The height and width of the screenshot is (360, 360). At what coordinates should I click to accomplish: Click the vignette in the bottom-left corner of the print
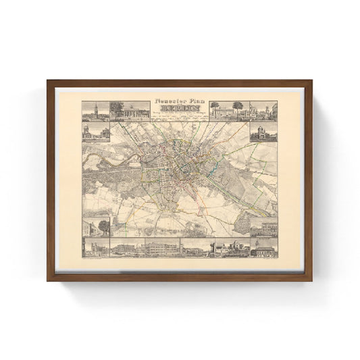(x=94, y=248)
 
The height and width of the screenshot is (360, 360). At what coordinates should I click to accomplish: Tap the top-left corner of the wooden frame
(x=49, y=82)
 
